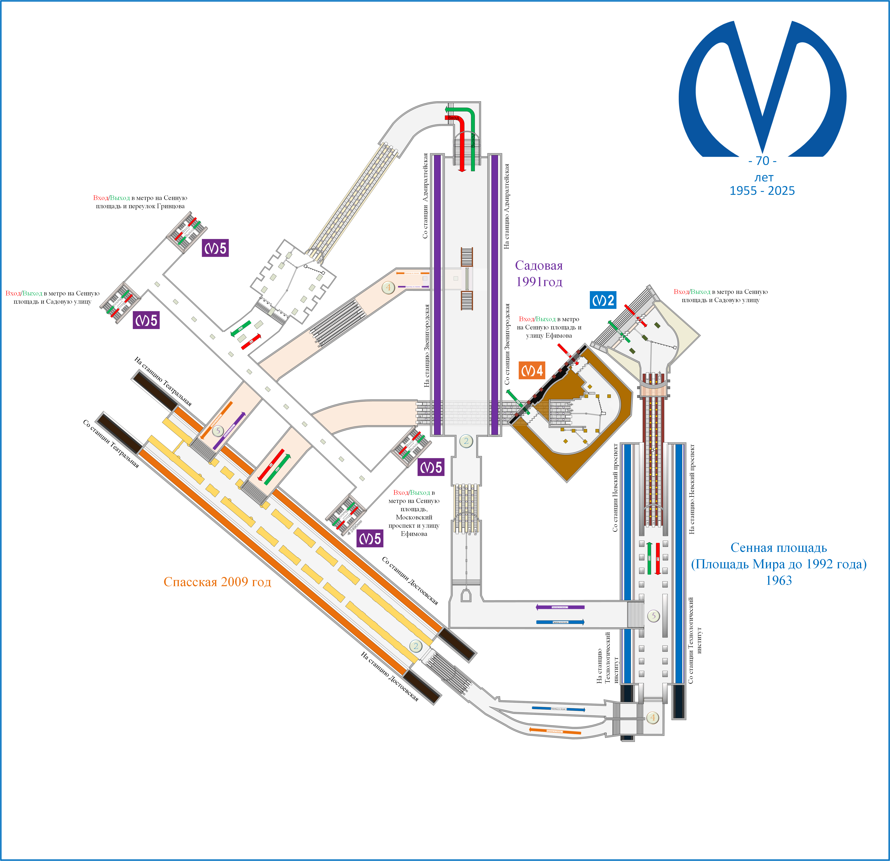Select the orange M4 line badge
(x=531, y=371)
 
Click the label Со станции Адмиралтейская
(x=425, y=195)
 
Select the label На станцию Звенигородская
(x=427, y=345)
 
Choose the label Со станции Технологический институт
(x=695, y=640)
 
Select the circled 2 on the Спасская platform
(x=415, y=646)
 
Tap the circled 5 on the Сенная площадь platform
(x=653, y=616)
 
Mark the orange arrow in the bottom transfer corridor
(x=555, y=731)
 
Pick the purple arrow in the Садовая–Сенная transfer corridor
(x=560, y=607)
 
